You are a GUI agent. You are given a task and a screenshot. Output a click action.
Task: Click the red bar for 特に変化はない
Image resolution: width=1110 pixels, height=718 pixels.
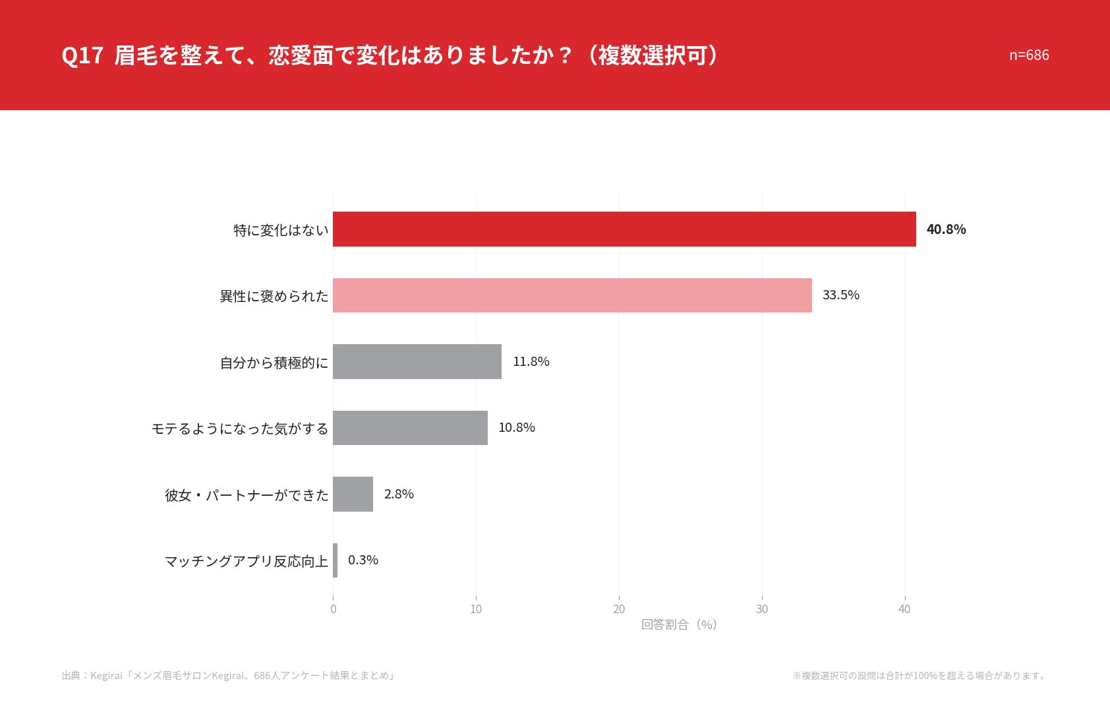624,229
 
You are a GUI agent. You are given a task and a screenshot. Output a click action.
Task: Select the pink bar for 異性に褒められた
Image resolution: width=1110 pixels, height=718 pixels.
572,295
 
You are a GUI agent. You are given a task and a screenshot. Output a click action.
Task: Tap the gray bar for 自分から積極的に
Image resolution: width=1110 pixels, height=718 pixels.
417,362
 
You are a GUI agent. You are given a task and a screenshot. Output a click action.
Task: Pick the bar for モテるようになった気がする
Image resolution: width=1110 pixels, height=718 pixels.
410,428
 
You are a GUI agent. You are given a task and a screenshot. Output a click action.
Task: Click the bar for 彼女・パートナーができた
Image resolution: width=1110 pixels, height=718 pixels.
353,494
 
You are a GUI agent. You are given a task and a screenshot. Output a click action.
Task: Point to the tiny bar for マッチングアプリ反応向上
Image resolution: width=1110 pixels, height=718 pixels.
336,560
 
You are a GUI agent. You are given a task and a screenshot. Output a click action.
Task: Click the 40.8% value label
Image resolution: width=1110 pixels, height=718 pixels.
946,229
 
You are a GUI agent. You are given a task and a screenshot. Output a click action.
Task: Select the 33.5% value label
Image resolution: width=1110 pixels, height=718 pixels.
841,295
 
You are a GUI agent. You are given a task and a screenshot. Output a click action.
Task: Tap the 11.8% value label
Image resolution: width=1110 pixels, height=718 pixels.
531,361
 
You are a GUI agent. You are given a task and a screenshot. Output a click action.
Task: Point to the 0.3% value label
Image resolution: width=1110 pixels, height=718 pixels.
363,560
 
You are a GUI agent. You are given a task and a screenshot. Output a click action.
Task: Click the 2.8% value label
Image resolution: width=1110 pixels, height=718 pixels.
399,494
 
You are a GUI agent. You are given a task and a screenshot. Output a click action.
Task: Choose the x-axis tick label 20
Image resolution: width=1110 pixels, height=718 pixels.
619,609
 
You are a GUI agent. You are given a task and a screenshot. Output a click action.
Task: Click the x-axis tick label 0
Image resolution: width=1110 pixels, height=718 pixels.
333,609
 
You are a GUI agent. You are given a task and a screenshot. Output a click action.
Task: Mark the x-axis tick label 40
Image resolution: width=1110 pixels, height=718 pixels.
904,609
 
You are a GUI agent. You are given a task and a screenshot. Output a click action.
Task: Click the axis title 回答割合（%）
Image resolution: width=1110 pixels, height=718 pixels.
680,624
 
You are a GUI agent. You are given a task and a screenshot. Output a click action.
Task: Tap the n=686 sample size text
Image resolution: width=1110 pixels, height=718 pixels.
1029,55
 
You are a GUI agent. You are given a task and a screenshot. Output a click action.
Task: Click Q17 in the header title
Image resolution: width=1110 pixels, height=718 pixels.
82,55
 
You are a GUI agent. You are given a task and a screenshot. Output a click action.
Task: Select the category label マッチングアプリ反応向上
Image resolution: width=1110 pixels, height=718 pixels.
247,562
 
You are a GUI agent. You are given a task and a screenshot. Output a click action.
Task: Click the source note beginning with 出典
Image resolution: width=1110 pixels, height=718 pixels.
228,675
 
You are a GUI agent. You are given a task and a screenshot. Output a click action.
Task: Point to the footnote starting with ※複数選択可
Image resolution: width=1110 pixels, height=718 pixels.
920,675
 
